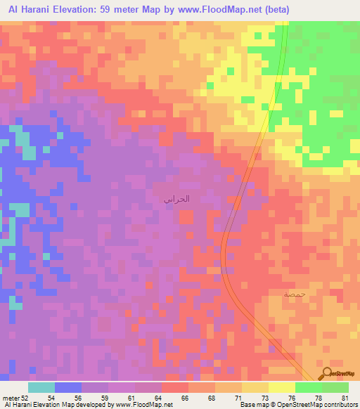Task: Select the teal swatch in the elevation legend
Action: [x=41, y=387]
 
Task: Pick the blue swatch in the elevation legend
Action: [x=68, y=387]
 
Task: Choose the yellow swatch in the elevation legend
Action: [x=282, y=387]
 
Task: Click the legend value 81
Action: [x=345, y=397]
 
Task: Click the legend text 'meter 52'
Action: [x=12, y=397]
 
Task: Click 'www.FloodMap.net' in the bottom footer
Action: [x=141, y=405]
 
